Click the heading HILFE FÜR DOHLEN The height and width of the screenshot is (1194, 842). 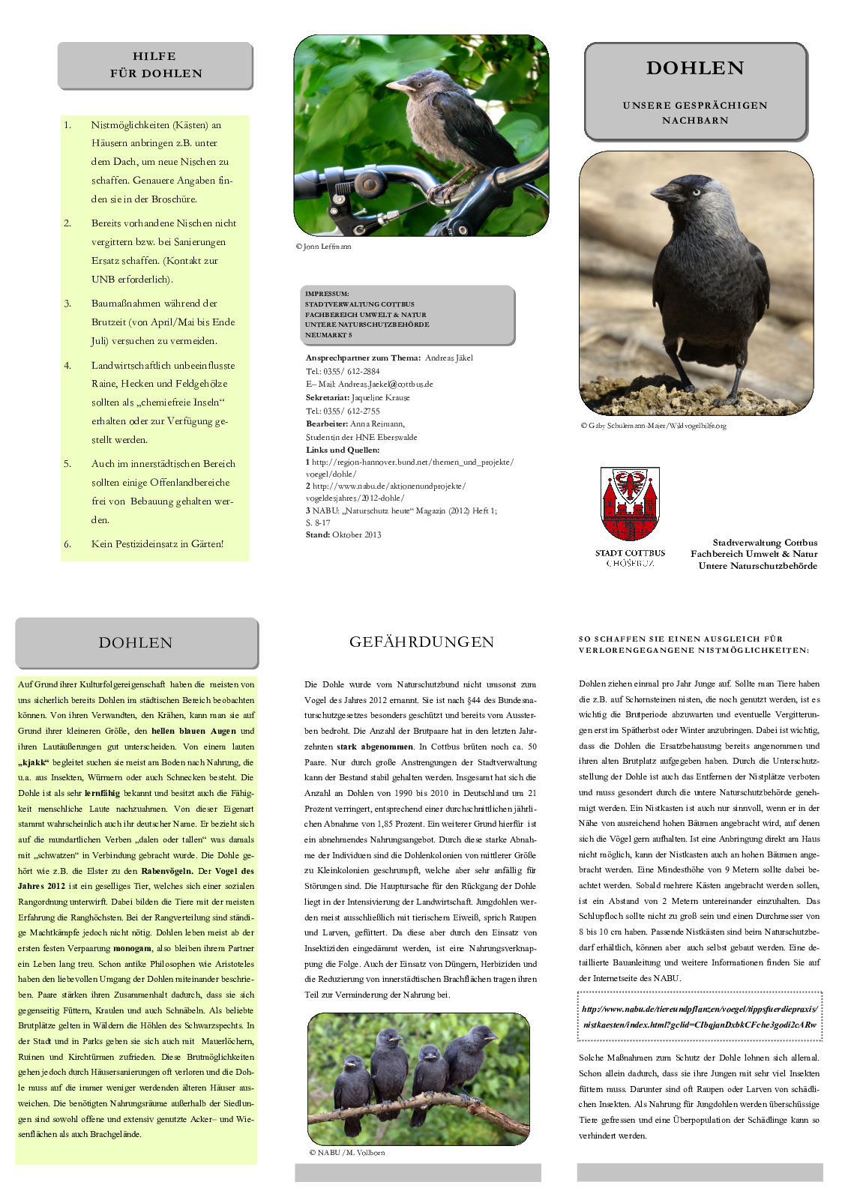coord(155,65)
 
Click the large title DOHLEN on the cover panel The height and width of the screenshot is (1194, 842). coord(695,68)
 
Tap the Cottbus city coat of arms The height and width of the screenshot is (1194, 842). coord(630,504)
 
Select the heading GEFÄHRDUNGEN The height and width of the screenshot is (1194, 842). coord(421,642)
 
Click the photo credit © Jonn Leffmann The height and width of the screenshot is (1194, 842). coord(323,247)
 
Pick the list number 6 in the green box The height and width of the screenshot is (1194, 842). coord(67,544)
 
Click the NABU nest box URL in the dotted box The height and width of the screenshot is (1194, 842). coord(700,1016)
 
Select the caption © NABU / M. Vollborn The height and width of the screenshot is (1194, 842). coord(347,1152)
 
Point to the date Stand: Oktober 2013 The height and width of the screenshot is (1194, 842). coord(343,534)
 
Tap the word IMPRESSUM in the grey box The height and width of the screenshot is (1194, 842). coord(327,294)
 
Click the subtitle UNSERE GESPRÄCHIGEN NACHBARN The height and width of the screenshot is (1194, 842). coord(695,112)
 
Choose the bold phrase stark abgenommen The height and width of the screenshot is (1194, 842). coord(374,747)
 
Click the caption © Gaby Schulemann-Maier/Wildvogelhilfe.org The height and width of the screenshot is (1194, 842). coord(653,426)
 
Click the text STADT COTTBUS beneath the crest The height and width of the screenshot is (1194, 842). coord(630,553)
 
